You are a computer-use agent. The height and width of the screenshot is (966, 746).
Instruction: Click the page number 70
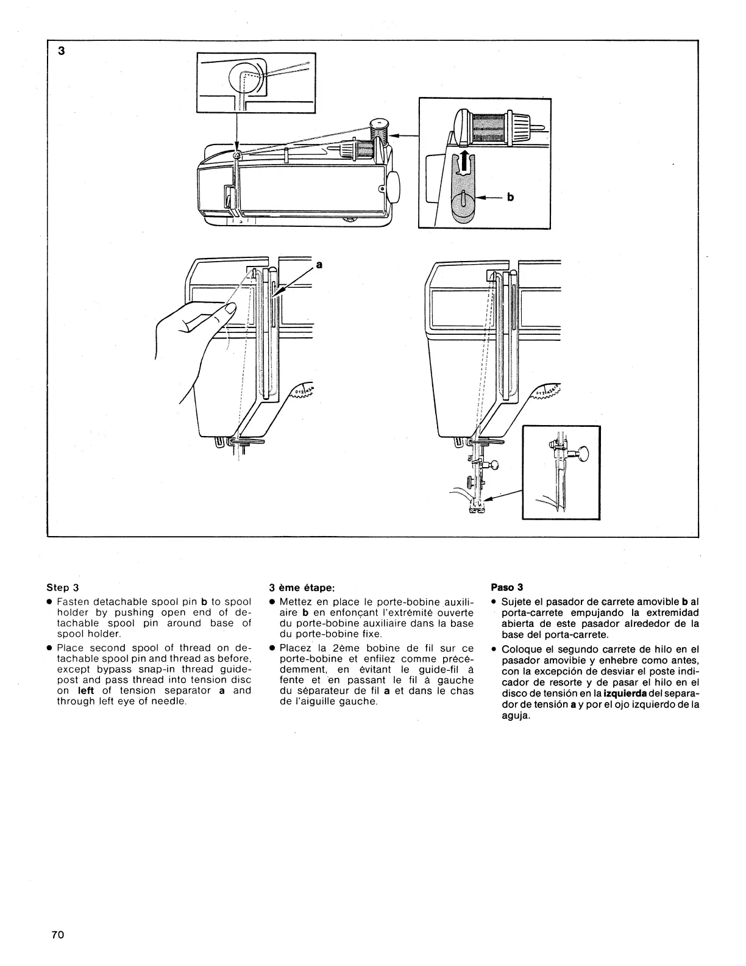[59, 936]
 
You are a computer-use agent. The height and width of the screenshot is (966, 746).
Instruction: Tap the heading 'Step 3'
[63, 589]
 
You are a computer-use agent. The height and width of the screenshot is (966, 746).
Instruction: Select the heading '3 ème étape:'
[302, 589]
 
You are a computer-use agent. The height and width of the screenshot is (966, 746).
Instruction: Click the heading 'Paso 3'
[507, 589]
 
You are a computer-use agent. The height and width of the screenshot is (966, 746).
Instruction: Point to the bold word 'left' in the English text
[86, 690]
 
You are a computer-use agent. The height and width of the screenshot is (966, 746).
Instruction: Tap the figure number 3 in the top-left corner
[61, 51]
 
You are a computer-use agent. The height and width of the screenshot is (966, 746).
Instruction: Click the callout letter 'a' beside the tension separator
[318, 264]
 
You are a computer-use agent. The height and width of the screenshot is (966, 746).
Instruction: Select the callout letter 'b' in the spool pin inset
[510, 198]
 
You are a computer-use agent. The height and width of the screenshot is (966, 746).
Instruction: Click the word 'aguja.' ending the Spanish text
[516, 716]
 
